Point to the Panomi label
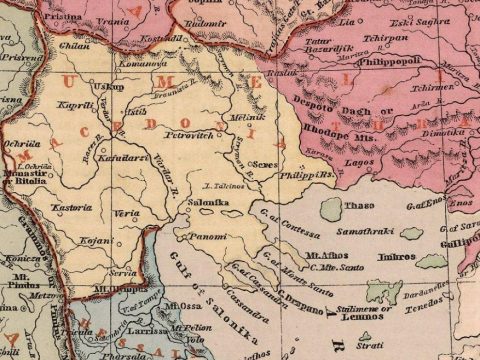click(208, 238)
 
